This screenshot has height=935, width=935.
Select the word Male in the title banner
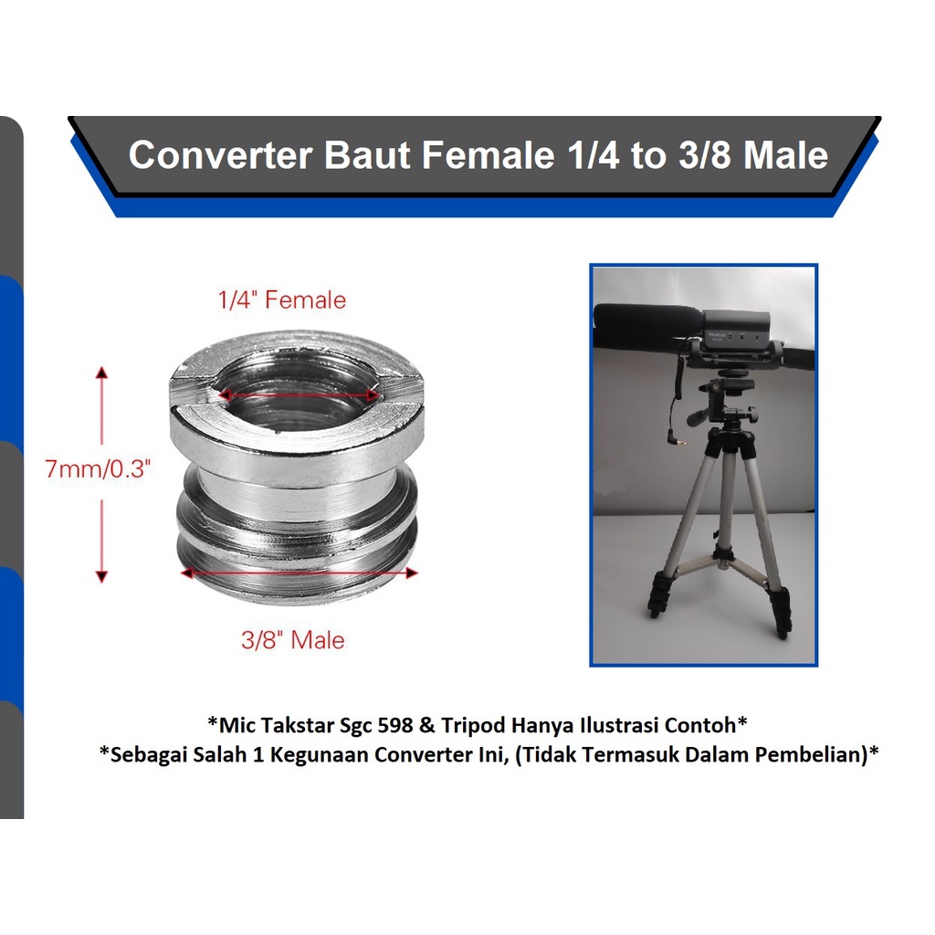tap(785, 155)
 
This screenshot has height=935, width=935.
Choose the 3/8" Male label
tap(293, 640)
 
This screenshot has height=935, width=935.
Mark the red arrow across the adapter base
tap(299, 573)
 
